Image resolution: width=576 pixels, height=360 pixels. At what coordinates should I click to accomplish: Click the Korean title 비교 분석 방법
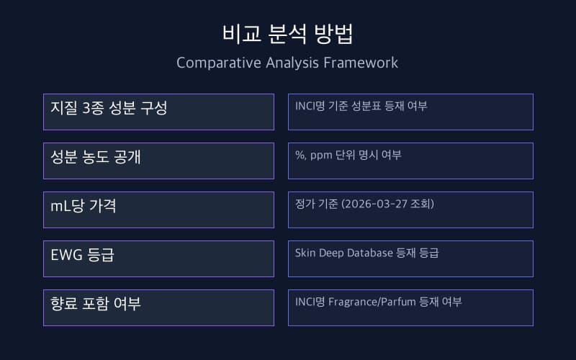click(x=287, y=34)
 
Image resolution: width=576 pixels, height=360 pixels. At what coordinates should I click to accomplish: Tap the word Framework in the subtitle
click(x=364, y=63)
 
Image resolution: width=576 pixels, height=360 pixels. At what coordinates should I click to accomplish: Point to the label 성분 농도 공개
click(x=95, y=157)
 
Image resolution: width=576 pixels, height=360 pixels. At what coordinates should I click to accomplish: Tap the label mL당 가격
click(x=84, y=206)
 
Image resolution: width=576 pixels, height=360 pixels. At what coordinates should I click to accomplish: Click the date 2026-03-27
click(x=377, y=204)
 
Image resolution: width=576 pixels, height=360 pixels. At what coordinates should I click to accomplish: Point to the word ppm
click(x=321, y=155)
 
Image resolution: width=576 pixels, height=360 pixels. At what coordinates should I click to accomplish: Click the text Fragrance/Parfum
click(x=372, y=302)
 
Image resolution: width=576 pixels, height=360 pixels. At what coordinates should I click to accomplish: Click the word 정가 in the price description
click(x=303, y=204)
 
